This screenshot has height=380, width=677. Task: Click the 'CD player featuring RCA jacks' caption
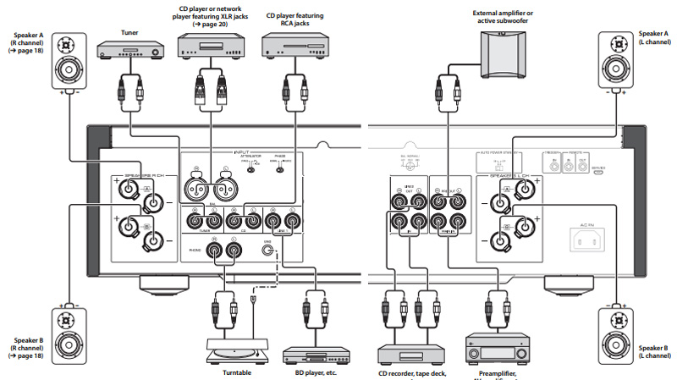click(x=294, y=19)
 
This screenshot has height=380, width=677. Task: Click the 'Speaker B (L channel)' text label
click(x=653, y=352)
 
